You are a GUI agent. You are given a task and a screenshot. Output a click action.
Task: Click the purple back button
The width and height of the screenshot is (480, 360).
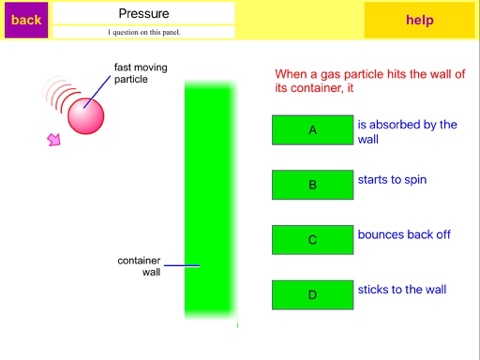[26, 20]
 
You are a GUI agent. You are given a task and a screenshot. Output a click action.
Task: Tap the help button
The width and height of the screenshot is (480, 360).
[419, 20]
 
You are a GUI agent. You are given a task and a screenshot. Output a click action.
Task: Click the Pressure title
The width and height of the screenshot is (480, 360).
[144, 13]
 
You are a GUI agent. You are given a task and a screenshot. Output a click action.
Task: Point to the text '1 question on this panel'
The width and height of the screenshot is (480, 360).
[144, 32]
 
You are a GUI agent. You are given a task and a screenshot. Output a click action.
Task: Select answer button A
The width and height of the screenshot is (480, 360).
[313, 130]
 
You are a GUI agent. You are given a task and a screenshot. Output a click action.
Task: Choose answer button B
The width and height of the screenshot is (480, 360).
[313, 185]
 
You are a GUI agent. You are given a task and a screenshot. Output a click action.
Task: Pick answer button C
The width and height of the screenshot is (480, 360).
[313, 240]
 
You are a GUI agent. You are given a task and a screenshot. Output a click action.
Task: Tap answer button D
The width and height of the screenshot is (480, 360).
[313, 295]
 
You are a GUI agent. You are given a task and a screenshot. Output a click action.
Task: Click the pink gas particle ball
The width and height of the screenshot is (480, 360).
[86, 116]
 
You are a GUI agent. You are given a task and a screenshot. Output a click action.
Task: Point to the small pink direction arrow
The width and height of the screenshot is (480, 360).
[54, 139]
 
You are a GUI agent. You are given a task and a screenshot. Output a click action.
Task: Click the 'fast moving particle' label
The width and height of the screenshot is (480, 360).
[141, 73]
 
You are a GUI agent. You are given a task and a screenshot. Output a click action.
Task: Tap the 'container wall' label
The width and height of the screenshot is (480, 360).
[139, 266]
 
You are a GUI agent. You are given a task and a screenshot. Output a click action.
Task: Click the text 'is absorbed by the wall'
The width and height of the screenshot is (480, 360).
[407, 132]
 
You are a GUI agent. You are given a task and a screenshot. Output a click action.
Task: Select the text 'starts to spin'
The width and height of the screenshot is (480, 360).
[392, 180]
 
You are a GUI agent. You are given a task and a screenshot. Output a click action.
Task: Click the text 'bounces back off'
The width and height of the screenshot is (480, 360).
[404, 234]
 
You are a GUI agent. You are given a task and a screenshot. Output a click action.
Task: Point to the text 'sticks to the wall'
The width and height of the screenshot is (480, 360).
[402, 289]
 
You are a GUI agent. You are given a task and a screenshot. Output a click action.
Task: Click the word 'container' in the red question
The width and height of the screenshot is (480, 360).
[316, 88]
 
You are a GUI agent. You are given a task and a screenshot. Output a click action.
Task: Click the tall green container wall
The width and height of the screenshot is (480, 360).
[210, 200]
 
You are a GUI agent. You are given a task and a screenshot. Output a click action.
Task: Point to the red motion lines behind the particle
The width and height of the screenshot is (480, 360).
[60, 93]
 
